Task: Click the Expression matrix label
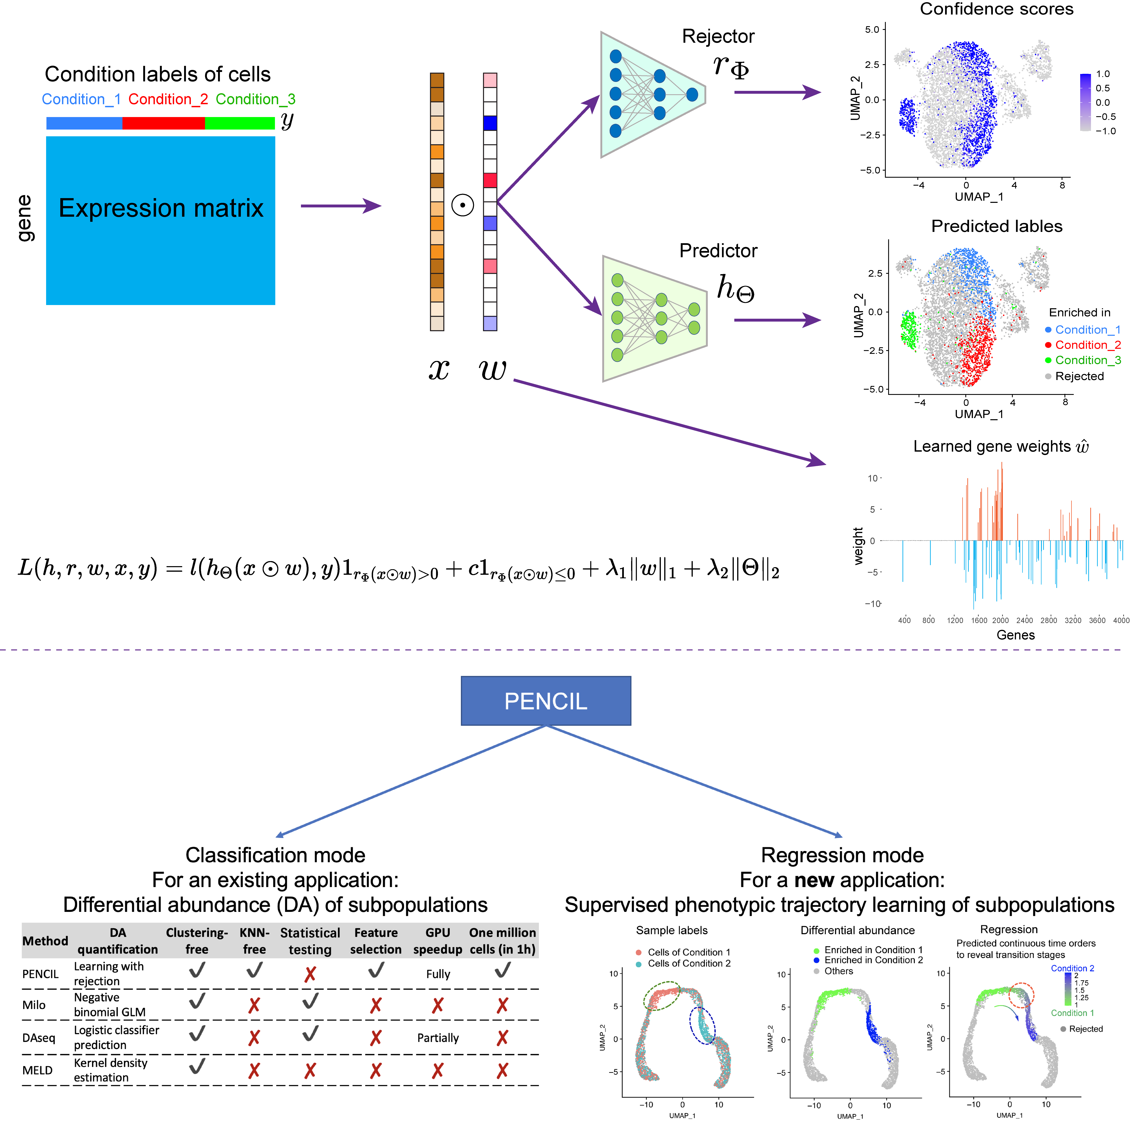point(161,208)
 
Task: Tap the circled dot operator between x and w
point(463,205)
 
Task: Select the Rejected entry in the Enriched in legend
point(1079,376)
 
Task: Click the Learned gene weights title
point(1000,446)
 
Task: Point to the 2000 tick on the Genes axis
point(1000,620)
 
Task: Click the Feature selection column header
point(375,941)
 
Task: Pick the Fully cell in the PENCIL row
point(438,974)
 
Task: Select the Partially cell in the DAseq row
point(438,1038)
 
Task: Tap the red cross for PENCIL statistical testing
point(310,974)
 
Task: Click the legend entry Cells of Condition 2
point(688,963)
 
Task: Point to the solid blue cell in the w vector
point(490,123)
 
